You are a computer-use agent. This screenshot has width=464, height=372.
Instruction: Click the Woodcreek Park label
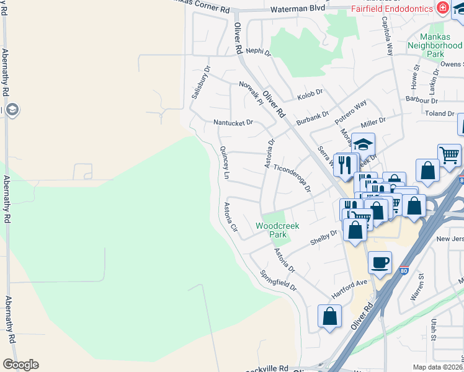point(277,231)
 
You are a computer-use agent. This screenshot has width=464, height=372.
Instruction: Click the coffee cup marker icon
point(380,262)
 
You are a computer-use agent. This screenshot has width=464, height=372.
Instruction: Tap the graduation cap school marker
point(363,145)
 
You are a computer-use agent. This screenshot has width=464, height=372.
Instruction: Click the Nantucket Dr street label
point(233,123)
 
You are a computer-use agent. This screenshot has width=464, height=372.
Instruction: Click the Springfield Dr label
point(279,281)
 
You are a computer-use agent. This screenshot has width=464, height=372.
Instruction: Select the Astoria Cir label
point(231,217)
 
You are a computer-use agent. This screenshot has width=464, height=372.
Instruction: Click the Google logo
point(20,365)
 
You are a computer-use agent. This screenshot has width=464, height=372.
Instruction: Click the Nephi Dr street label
point(259,52)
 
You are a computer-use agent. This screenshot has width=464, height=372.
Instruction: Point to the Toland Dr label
point(440,114)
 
